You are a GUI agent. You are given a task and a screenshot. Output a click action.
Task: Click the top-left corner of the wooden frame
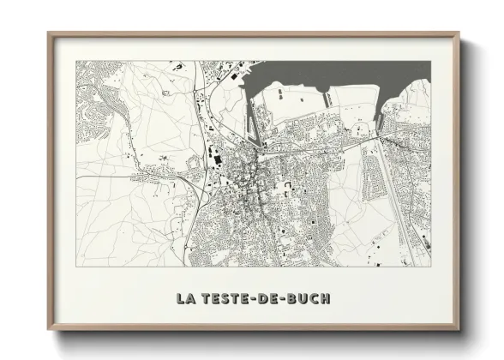click(x=49, y=33)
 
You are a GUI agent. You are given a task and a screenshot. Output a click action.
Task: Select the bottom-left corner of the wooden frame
click(x=49, y=330)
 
